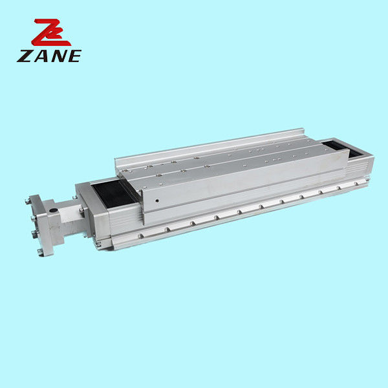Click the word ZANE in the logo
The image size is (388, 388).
pos(49,56)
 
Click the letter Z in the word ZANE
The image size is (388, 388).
pos(24,56)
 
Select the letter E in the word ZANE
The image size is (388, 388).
pos(74,56)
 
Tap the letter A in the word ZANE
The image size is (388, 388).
pos(40,56)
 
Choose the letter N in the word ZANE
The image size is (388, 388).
pos(57,56)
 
